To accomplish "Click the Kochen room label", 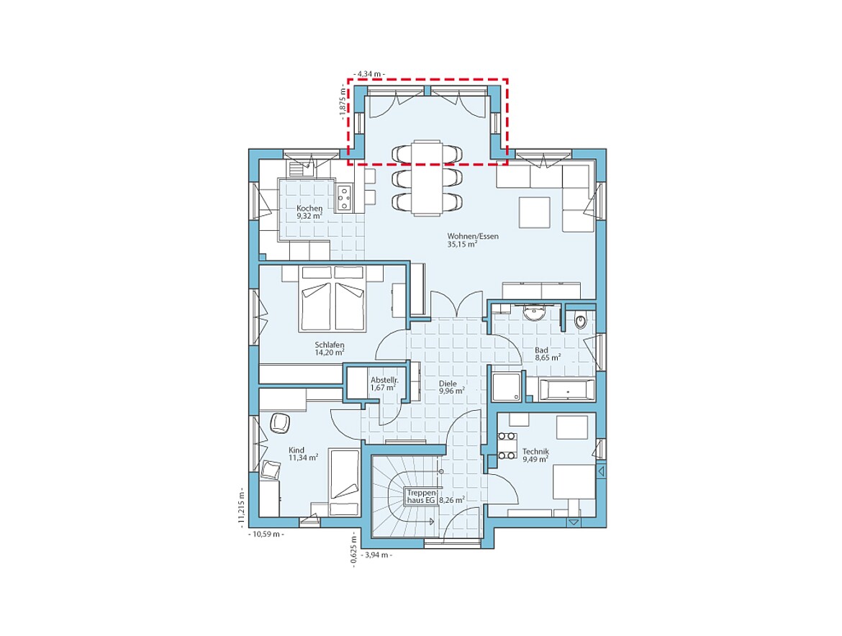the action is pos(310,212).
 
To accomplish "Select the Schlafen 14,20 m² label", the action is pos(330,349).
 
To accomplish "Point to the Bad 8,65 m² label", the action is pos(548,354).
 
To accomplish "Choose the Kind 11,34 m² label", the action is pos(304,454).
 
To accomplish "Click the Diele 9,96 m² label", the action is pos(452,388).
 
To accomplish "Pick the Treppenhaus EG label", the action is pos(422,496).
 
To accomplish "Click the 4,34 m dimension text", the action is pos(369,73).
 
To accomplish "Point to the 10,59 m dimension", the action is pos(266,534).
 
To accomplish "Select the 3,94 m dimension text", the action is pos(378,555).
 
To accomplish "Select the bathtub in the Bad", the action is pos(567,389).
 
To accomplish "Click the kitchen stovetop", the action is pos(344,197).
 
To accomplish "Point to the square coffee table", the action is pos(534,212).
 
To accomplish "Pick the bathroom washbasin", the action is pos(534,313).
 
